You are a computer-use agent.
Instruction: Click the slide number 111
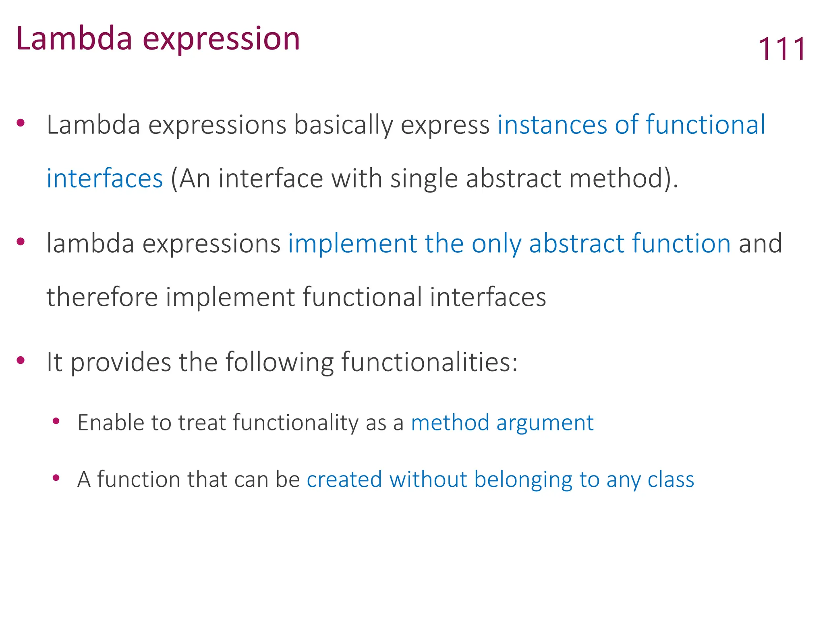pyautogui.click(x=782, y=49)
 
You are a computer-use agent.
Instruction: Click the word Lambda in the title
pyautogui.click(x=74, y=39)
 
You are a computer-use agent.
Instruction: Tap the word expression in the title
pyautogui.click(x=222, y=39)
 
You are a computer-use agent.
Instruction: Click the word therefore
pyautogui.click(x=102, y=297)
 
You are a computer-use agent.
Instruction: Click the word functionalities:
pyautogui.click(x=429, y=362)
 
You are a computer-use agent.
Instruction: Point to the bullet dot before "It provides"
pyautogui.click(x=21, y=360)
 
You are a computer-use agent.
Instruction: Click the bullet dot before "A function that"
pyautogui.click(x=56, y=478)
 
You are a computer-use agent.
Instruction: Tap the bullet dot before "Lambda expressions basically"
pyautogui.click(x=21, y=123)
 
